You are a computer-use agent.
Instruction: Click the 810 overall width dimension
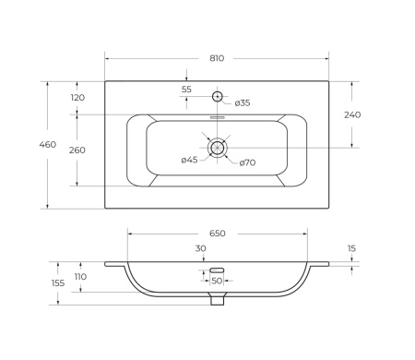(217, 58)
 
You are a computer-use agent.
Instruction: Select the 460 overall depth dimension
(48, 144)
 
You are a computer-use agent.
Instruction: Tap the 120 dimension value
(77, 98)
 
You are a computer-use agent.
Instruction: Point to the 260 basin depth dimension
(77, 150)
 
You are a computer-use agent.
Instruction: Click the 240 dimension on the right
(352, 114)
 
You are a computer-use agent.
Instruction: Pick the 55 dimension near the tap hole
(186, 90)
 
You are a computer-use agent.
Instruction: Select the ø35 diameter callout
(243, 103)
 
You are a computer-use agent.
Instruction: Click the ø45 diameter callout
(189, 160)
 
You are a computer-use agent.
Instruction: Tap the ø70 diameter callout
(247, 162)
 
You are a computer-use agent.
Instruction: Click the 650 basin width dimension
(218, 234)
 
